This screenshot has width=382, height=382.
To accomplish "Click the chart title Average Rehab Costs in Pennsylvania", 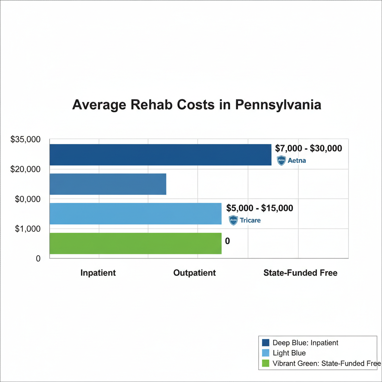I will (x=197, y=104).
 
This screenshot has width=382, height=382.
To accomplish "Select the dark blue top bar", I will (x=160, y=154).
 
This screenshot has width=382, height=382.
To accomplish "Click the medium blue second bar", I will (x=108, y=184).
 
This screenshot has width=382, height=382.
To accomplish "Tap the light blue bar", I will (x=135, y=213).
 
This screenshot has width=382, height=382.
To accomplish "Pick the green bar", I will (x=135, y=243).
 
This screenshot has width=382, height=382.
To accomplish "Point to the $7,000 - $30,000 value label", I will (x=308, y=148).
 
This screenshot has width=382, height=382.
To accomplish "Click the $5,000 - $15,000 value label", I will (x=260, y=208).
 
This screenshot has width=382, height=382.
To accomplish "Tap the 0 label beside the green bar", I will (x=228, y=241).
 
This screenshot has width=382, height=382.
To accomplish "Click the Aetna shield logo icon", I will (x=281, y=161).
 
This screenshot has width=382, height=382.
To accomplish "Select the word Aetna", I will (x=297, y=161).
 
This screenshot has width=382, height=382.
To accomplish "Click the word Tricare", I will (x=250, y=220).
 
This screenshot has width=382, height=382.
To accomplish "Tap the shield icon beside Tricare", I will (x=233, y=220).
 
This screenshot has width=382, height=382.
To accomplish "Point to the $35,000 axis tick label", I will (x=25, y=140).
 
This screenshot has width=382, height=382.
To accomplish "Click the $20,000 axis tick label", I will (x=25, y=169).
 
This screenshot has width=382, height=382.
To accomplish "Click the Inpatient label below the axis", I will (x=98, y=273).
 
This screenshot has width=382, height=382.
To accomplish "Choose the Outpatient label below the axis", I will (x=194, y=273).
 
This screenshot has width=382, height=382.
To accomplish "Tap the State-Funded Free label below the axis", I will (x=300, y=273).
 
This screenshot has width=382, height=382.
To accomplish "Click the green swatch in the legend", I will (x=266, y=363).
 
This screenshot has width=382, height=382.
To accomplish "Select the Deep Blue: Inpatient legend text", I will (x=306, y=342).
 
